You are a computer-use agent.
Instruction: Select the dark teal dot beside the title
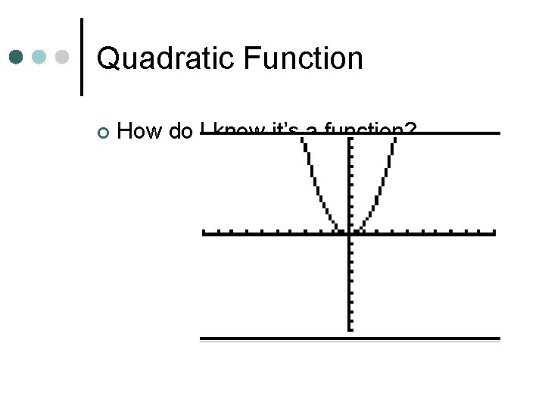(x=16, y=58)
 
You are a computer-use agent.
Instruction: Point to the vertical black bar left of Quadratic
(x=81, y=57)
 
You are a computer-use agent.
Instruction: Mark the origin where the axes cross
(x=349, y=233)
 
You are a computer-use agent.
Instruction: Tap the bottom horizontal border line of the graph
(x=349, y=339)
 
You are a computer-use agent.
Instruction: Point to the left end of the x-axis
(x=205, y=233)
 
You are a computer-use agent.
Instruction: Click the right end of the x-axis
(x=493, y=233)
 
